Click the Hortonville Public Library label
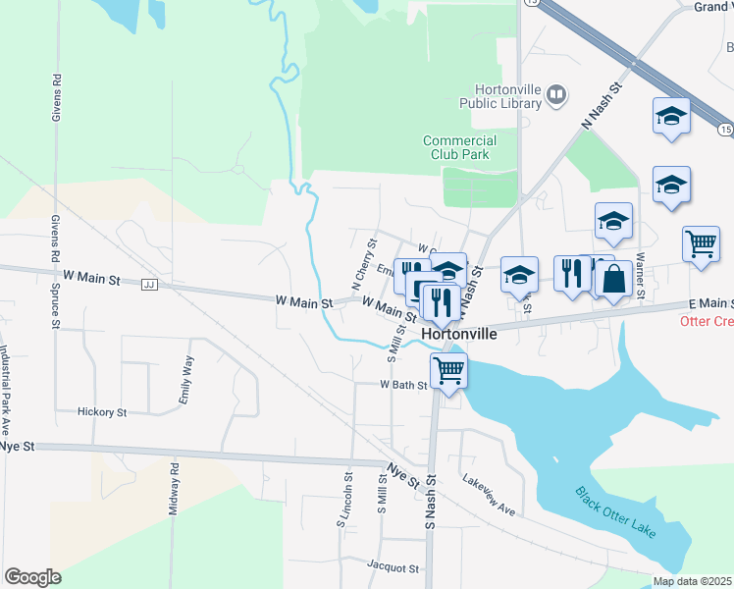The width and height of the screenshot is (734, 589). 496,95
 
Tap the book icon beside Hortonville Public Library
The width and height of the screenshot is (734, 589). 556,94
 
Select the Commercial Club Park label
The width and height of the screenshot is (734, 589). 459,147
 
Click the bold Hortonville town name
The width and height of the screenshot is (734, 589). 459,334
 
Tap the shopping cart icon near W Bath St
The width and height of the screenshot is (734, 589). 448,371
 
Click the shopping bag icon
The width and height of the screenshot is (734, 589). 613,278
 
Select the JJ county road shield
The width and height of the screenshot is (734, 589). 149,285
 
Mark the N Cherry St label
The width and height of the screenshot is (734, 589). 362,264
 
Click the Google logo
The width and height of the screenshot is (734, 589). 32,577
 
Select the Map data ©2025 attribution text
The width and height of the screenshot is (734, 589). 691,581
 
